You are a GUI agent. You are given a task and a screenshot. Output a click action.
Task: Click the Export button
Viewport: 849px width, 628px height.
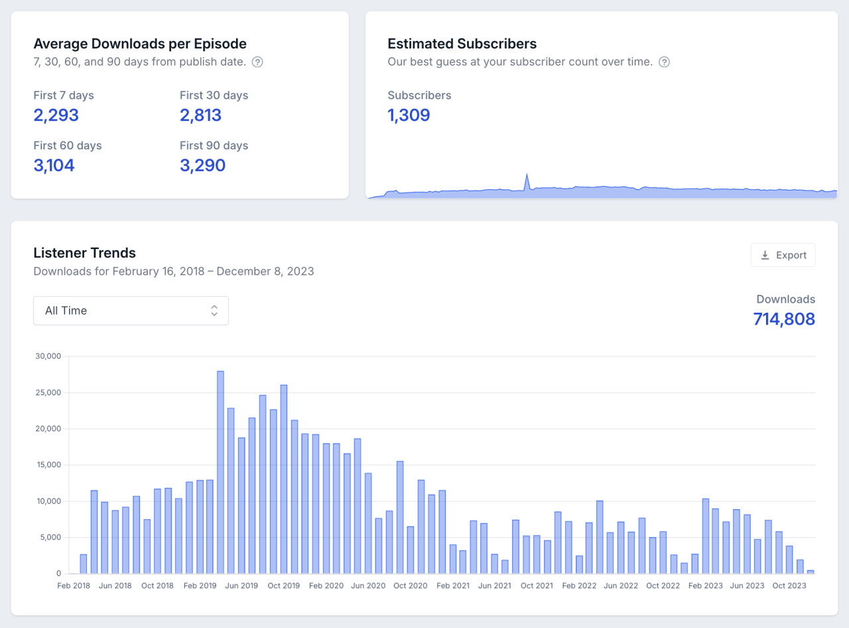coord(783,255)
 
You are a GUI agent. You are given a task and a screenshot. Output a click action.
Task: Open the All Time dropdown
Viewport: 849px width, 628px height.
coord(131,311)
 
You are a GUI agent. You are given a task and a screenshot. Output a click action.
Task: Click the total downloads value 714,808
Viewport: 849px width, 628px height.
coord(784,319)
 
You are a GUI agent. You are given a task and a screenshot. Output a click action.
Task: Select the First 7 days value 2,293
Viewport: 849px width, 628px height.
coord(56,116)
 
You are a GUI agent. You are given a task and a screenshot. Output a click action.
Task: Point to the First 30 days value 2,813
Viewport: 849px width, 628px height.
coord(200,116)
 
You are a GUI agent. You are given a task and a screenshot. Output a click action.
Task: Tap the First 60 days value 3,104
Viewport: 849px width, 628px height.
coord(54,165)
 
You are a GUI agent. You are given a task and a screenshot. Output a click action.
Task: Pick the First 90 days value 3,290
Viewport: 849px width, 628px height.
coord(202,165)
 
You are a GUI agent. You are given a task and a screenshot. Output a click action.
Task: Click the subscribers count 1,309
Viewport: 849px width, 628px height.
coord(409,116)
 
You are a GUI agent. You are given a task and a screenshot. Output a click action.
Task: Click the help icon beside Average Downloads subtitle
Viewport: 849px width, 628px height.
coord(258,62)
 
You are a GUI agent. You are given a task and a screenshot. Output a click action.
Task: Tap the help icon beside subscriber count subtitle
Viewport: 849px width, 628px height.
coord(664,62)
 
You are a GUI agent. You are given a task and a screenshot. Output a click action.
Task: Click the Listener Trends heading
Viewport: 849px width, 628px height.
coord(84,253)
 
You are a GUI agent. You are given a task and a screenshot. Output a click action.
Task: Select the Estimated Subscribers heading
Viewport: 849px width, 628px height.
coord(462,44)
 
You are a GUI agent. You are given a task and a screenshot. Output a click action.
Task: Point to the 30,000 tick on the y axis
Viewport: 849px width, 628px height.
coord(47,356)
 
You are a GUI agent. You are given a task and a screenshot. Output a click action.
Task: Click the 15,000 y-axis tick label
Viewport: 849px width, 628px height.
coord(47,465)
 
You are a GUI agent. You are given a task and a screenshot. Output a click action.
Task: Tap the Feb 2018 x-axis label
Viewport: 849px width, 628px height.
coord(74,586)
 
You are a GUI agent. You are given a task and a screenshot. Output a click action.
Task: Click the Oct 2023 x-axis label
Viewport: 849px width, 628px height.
coord(789,586)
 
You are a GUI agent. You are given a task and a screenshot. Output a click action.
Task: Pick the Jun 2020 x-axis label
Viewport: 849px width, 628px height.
coord(368,586)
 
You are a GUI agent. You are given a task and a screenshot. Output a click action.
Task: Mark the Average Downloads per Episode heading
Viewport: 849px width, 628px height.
coord(139,44)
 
